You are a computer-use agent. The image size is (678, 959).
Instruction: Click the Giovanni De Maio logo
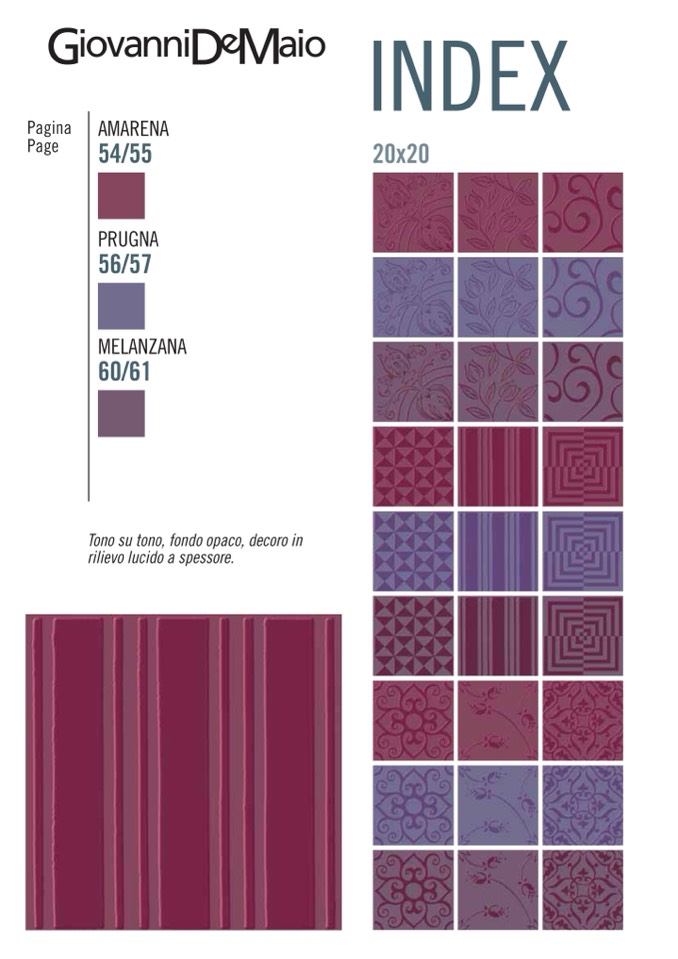tap(186, 47)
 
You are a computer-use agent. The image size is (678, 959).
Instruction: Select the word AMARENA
tap(133, 129)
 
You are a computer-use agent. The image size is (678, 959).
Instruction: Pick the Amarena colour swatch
tap(121, 195)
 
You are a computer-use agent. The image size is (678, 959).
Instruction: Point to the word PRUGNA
tap(128, 240)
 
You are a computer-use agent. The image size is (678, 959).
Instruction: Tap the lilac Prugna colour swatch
tap(121, 305)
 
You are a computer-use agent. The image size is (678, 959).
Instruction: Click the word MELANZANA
tap(142, 347)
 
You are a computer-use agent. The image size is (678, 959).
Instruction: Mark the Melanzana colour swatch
tap(121, 413)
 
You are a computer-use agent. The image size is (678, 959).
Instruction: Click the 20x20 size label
tap(400, 155)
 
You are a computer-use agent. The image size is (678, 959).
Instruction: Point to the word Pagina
tap(49, 128)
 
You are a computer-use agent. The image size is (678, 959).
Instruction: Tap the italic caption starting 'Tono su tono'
tap(195, 549)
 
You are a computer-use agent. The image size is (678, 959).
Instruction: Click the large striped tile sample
tap(183, 772)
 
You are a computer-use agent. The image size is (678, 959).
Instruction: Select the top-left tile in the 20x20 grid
tap(412, 212)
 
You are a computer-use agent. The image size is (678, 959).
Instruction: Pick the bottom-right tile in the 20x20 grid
tap(582, 889)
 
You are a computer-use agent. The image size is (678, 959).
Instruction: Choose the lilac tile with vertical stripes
tap(497, 550)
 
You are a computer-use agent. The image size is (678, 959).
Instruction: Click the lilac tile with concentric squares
tap(582, 550)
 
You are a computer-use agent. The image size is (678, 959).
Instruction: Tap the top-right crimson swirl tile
tap(582, 212)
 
